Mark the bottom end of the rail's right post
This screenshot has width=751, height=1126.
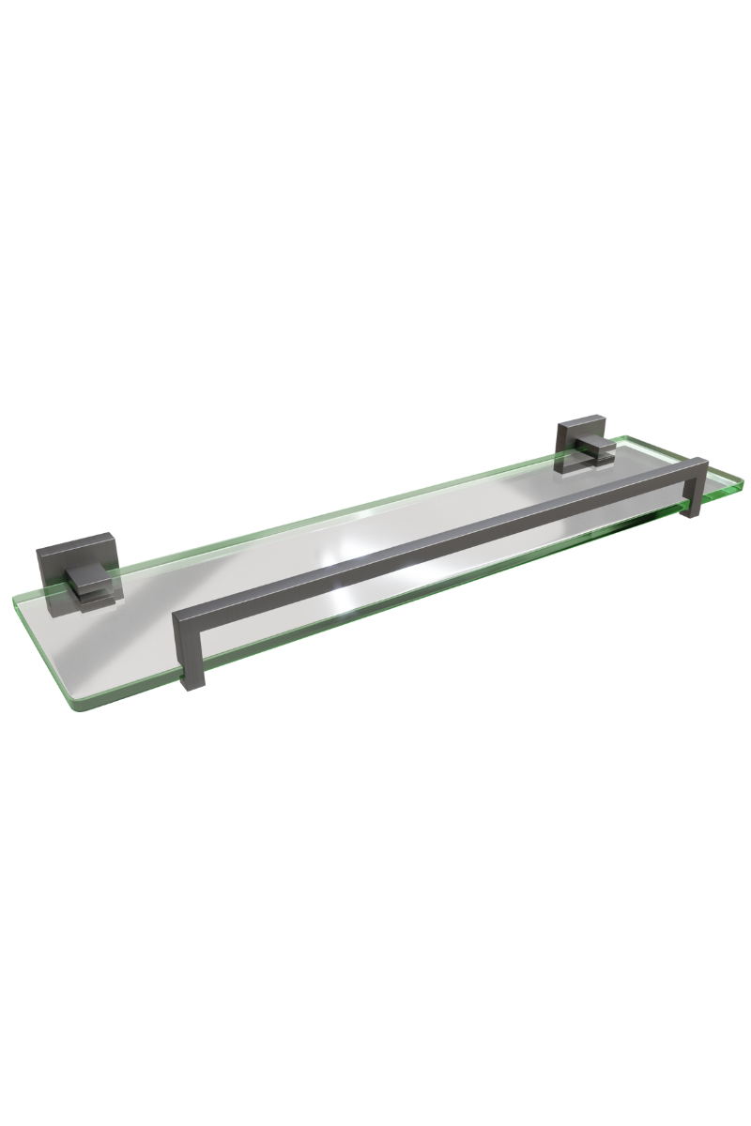pyautogui.click(x=696, y=516)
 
